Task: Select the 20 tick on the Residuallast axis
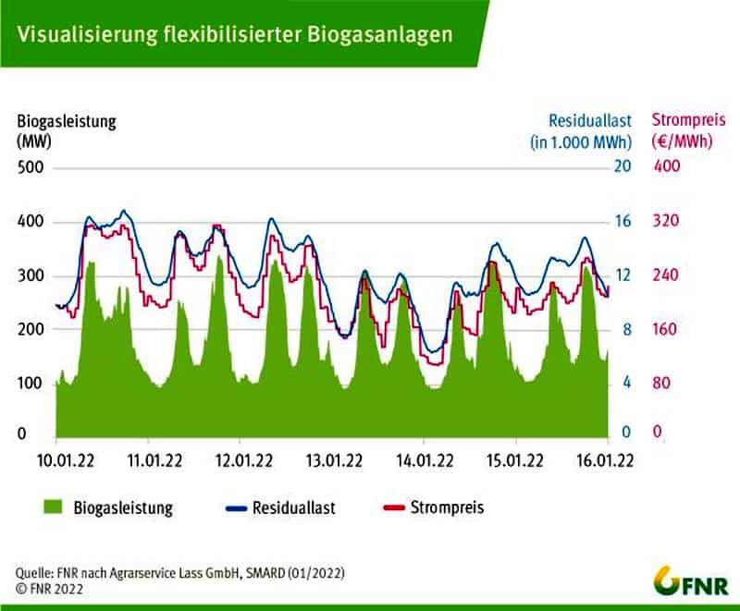[622, 167]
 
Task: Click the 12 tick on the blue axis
[622, 275]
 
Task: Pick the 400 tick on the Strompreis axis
[667, 167]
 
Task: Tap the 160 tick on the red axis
[667, 329]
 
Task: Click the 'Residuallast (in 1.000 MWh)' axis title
[580, 131]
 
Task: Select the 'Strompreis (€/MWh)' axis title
[686, 131]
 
